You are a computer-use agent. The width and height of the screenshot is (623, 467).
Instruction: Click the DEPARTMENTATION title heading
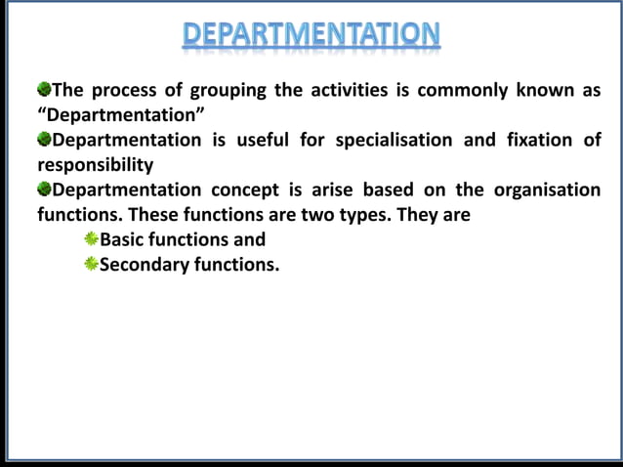311,35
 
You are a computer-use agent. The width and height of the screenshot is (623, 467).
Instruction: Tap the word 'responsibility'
95,164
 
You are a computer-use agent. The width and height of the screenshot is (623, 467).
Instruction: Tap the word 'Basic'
124,238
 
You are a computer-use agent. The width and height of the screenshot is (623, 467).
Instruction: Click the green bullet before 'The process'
44,90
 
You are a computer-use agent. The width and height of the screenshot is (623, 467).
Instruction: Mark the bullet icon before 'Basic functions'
92,237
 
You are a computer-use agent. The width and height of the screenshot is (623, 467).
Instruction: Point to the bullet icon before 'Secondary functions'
92,262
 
